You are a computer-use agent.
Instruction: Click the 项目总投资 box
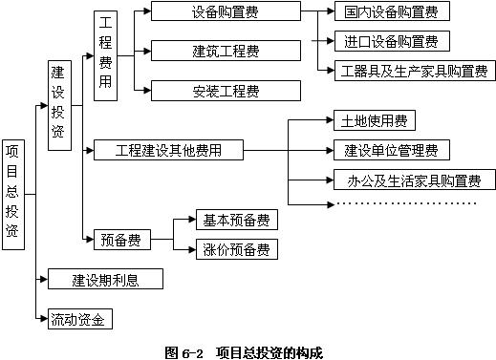[x=13, y=194]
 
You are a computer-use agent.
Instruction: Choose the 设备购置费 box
[x=224, y=12]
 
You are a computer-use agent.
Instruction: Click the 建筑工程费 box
[x=224, y=50]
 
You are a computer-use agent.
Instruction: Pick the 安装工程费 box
[x=224, y=91]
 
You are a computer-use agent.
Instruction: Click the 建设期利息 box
[x=104, y=279]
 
